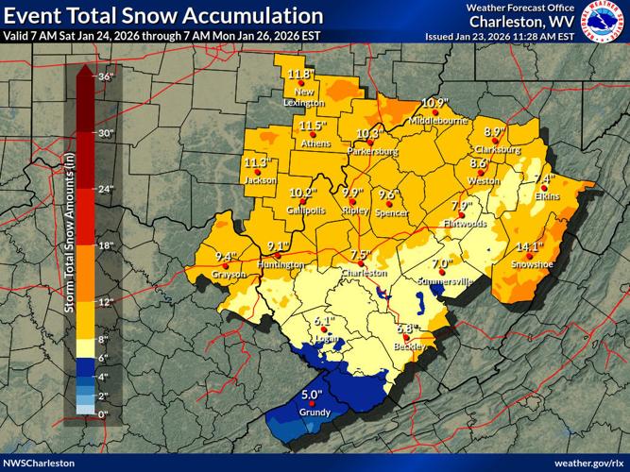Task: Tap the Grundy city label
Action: (x=315, y=413)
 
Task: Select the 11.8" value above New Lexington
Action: (x=300, y=74)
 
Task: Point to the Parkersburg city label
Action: (x=373, y=151)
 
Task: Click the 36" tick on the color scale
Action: (x=106, y=77)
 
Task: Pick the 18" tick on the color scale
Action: (x=106, y=245)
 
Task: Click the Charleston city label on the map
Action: (x=365, y=273)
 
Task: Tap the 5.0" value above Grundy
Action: (x=312, y=395)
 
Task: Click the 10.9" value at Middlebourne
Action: (x=434, y=103)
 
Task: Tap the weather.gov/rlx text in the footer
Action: (x=587, y=463)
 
